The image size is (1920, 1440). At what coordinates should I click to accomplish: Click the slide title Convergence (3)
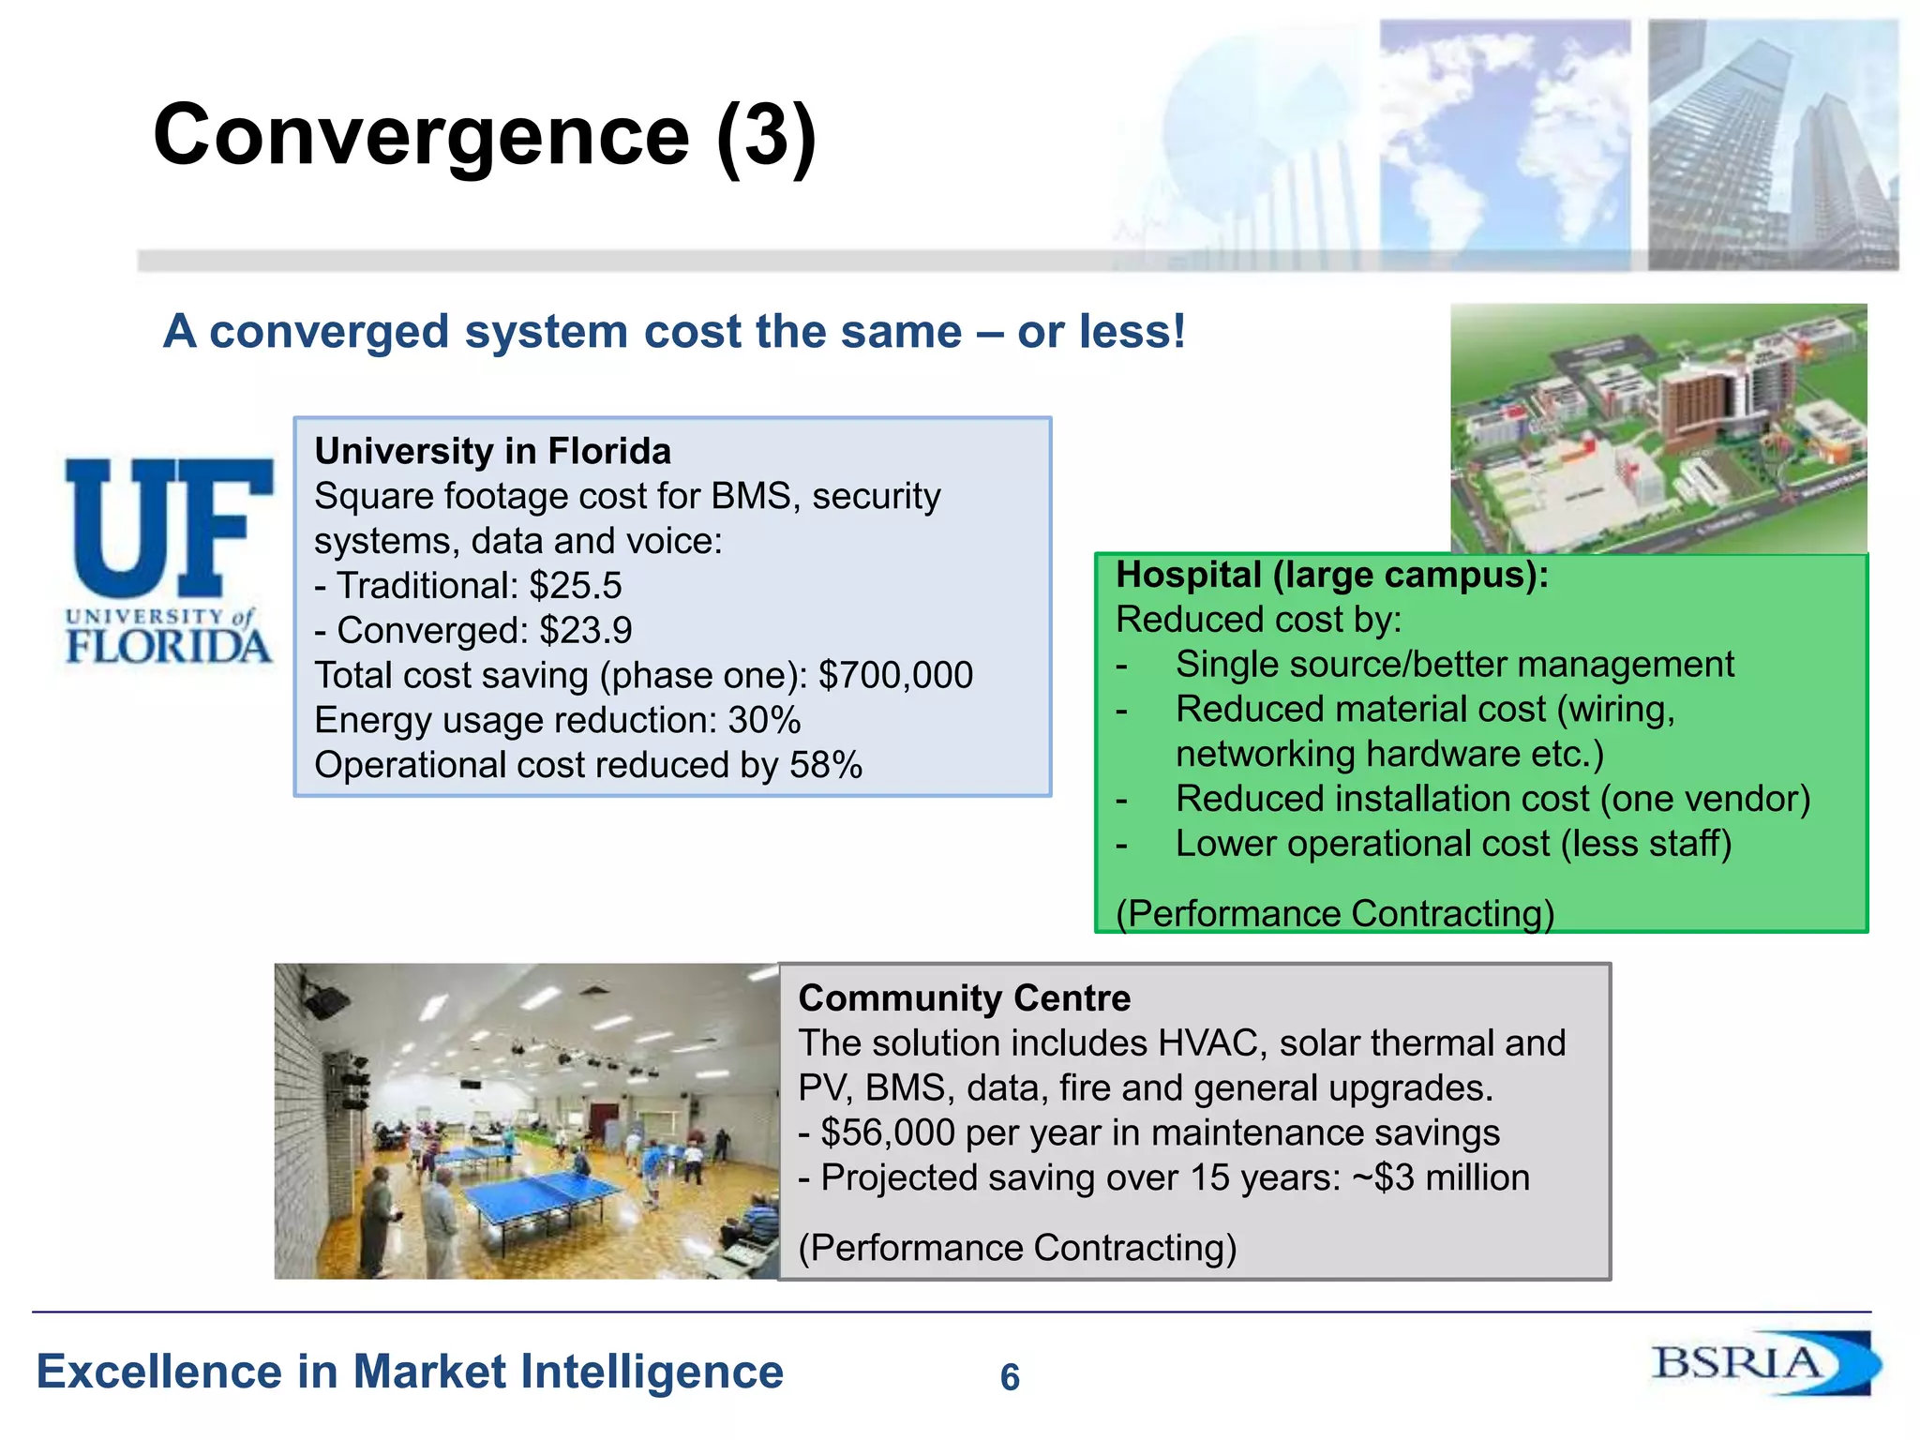(x=485, y=137)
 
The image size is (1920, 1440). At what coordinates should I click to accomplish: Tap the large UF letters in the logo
(x=169, y=528)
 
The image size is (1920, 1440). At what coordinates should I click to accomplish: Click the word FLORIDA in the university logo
(x=169, y=647)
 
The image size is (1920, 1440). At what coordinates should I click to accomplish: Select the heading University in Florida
(x=493, y=452)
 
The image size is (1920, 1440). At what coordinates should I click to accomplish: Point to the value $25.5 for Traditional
(x=576, y=586)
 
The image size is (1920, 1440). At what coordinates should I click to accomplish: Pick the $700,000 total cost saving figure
(x=895, y=676)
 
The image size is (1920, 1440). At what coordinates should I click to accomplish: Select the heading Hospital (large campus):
(x=1332, y=575)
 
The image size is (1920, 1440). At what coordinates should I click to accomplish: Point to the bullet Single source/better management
(x=1454, y=665)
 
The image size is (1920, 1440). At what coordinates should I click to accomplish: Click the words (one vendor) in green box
(x=1705, y=800)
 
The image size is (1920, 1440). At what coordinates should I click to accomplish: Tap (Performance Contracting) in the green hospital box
(x=1335, y=913)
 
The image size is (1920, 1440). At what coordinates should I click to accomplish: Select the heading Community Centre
(x=965, y=998)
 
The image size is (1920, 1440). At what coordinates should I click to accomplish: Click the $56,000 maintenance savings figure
(x=888, y=1133)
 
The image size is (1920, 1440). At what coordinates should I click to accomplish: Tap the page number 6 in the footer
(x=1010, y=1377)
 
